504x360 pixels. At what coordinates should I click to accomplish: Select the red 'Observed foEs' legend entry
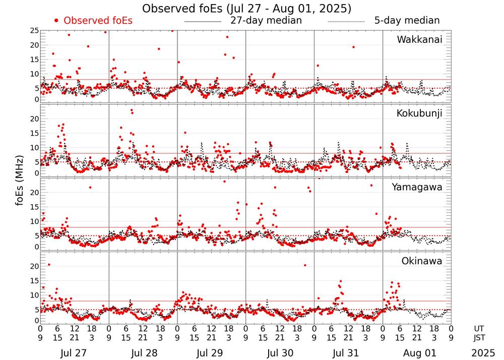(x=94, y=21)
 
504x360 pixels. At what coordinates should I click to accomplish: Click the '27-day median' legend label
(x=266, y=21)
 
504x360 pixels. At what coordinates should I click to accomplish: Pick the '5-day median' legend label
(x=407, y=21)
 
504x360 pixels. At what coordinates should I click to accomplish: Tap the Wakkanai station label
(x=419, y=39)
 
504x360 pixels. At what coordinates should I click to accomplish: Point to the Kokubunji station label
(x=419, y=113)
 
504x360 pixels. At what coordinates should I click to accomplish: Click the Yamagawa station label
(x=417, y=187)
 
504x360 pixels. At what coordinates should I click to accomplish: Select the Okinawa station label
(x=421, y=261)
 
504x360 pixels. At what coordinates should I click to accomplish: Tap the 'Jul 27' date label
(x=74, y=351)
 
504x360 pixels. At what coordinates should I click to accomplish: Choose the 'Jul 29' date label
(x=211, y=351)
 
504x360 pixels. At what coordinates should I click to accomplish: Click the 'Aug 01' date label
(x=416, y=351)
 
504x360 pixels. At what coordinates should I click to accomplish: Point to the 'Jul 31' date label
(x=348, y=351)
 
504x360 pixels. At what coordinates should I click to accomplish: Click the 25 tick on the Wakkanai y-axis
(x=34, y=31)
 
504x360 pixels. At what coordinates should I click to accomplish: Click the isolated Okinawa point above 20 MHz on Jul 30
(x=305, y=265)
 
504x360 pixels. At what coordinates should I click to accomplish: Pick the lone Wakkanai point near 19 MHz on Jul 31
(x=353, y=47)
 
